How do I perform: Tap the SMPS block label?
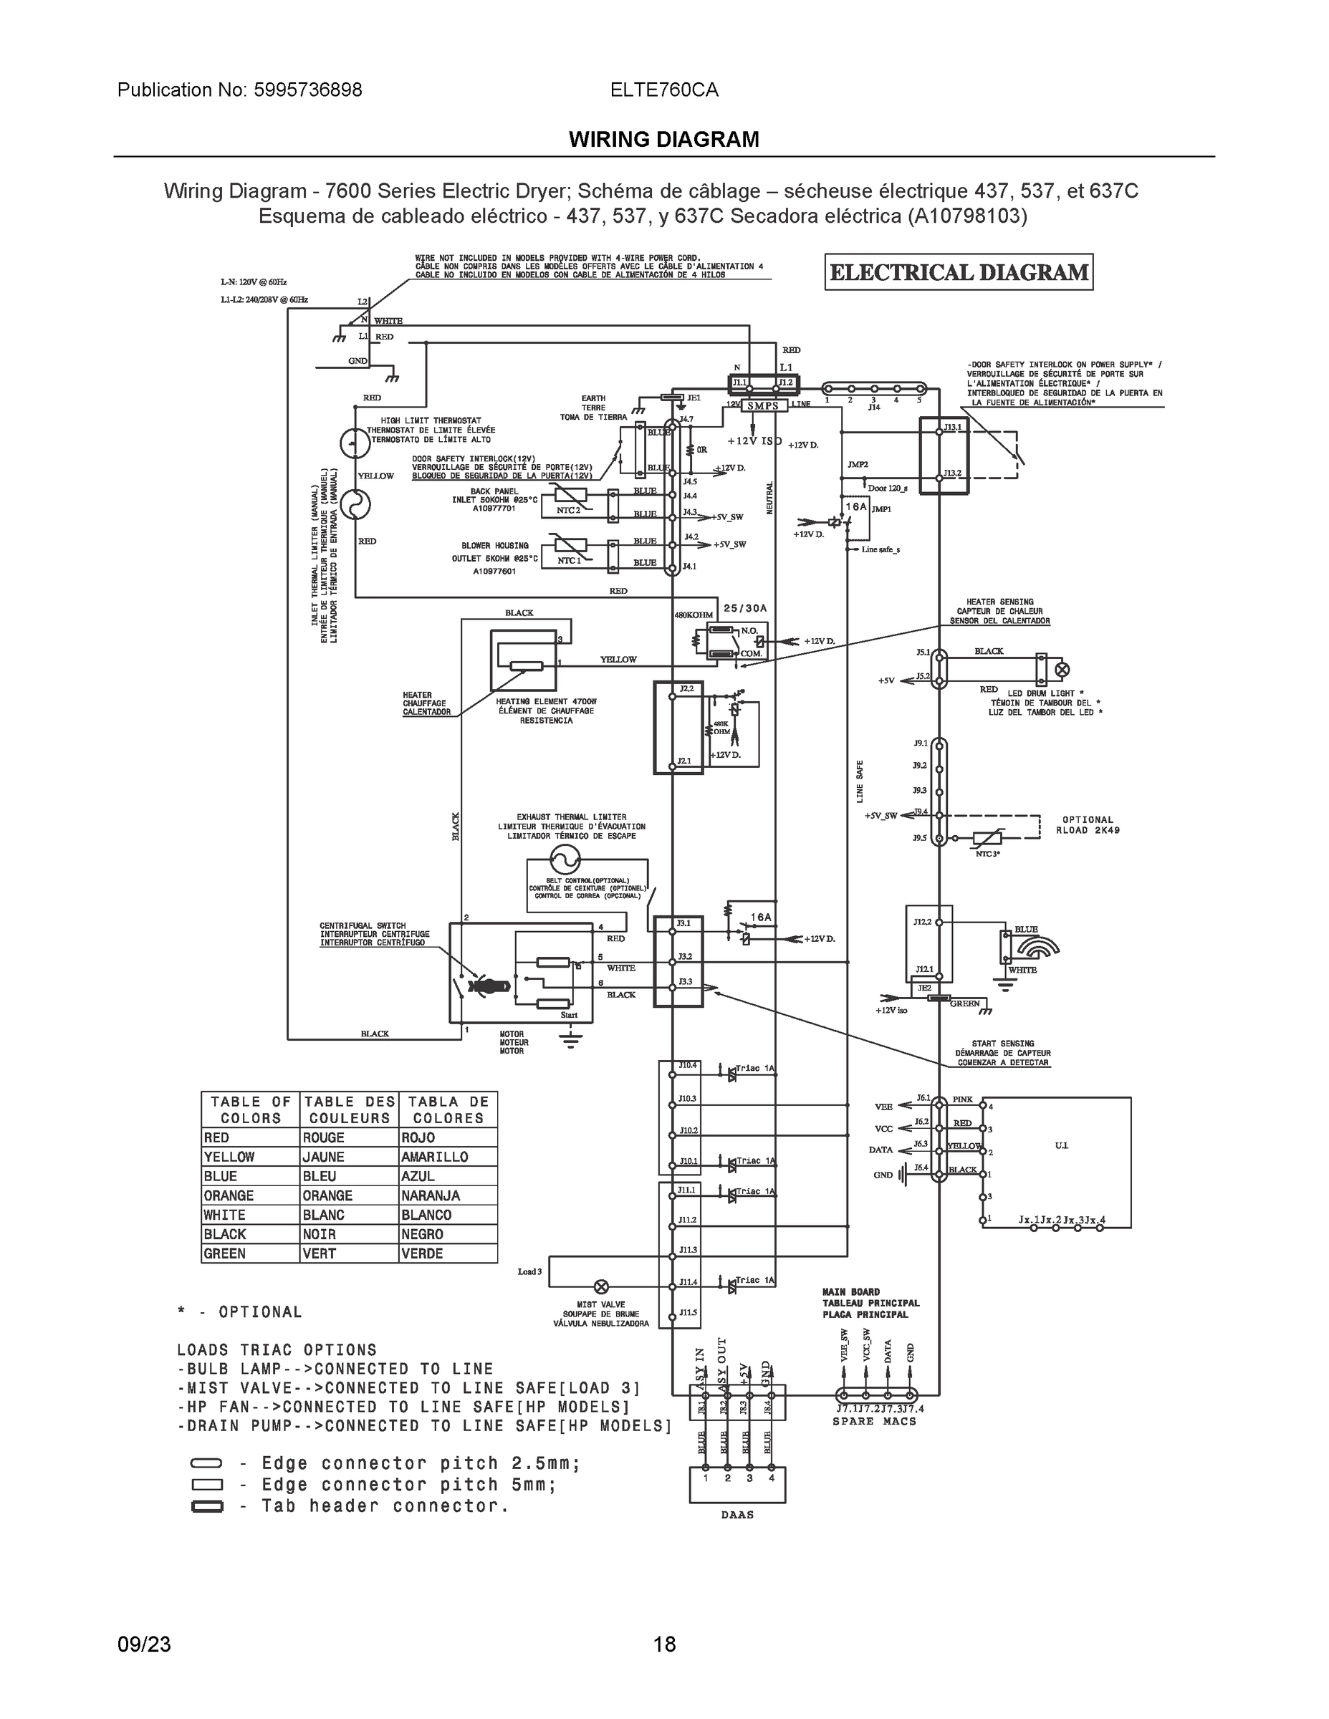coord(762,406)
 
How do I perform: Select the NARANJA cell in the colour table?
coord(447,1195)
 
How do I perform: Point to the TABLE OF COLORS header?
coord(250,1109)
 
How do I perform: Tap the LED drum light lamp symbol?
coord(1062,670)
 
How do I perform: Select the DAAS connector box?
coord(737,1485)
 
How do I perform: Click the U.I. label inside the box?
coord(1061,1145)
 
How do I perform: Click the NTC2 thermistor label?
coord(568,509)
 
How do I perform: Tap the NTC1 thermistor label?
coord(568,559)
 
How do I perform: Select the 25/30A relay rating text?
coord(745,608)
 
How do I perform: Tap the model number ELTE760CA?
coord(663,90)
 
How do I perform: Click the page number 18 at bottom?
coord(663,1645)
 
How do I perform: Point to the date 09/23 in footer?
coord(143,1645)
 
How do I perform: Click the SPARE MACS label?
coord(874,1422)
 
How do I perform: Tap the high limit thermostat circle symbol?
coord(355,444)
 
